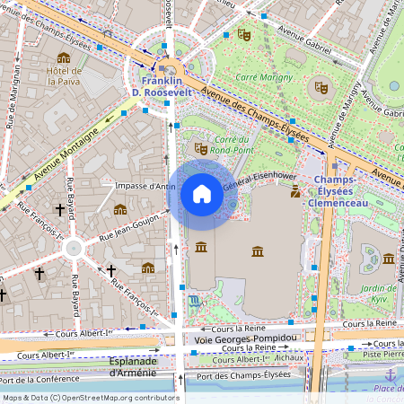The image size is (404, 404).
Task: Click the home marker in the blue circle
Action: [x=202, y=194]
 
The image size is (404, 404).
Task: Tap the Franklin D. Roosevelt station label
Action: [x=156, y=86]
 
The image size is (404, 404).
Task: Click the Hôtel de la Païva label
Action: [x=65, y=75]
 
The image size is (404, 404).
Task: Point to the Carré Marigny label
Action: [x=264, y=77]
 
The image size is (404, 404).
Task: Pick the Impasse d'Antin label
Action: [x=145, y=186]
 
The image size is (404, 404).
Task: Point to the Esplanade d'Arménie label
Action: [x=133, y=366]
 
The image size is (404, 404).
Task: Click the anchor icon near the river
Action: [x=390, y=374]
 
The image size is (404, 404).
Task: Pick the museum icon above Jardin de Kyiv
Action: [x=389, y=259]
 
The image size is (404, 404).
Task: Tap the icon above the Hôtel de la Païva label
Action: [x=64, y=57]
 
